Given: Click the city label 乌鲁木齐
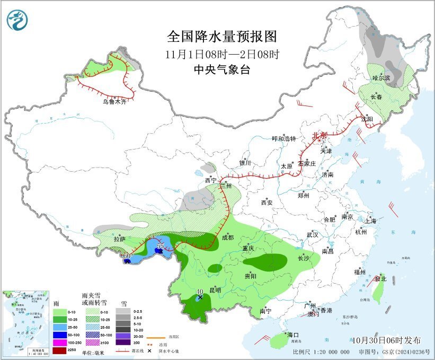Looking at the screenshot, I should point(115,101).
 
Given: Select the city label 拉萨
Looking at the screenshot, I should point(120,239).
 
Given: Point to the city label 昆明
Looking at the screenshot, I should point(215,290).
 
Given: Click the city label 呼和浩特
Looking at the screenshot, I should point(284,139).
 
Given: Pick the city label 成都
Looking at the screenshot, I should point(228,238).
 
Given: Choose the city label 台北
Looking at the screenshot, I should point(380,278).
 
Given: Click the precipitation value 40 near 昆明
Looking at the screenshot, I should point(200,292).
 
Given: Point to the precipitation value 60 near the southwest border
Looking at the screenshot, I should point(127,257).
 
